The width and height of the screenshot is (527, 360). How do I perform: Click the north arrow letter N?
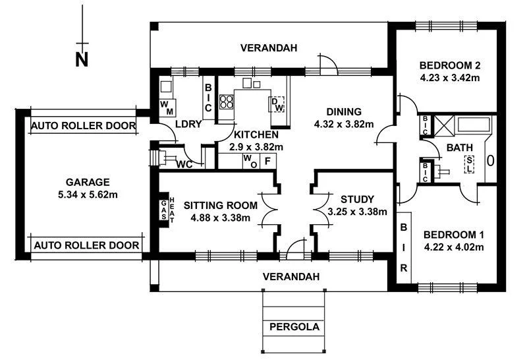[81, 60]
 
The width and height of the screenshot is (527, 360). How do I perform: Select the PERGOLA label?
[294, 327]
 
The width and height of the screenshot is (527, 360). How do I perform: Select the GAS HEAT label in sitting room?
[167, 211]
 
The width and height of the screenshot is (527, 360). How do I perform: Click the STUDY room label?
[358, 199]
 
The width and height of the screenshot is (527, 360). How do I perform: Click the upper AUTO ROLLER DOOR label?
[84, 125]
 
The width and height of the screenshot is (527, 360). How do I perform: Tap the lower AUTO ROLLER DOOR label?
[86, 245]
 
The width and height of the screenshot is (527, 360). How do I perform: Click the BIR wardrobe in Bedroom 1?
[403, 247]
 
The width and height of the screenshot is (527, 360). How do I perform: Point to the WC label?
[184, 165]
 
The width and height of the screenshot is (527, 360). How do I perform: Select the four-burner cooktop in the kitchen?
[227, 102]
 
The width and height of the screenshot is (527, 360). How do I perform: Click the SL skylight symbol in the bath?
[469, 163]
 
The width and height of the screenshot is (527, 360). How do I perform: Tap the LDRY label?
[188, 124]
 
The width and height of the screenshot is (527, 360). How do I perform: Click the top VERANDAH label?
[269, 48]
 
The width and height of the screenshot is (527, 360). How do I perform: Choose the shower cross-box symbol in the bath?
[442, 124]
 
